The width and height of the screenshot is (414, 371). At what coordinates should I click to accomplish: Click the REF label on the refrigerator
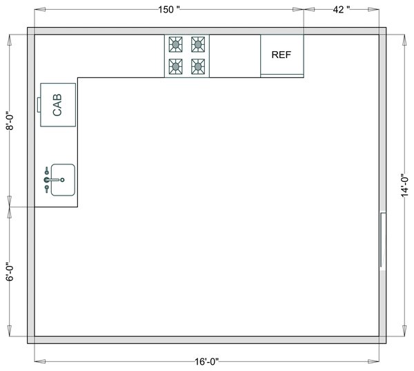click(282, 55)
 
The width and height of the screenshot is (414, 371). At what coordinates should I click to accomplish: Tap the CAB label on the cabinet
click(58, 105)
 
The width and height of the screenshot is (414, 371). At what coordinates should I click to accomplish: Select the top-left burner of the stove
click(176, 46)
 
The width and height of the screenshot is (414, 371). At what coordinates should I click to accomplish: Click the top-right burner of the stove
click(198, 46)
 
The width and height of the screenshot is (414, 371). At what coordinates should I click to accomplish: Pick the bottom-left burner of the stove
click(176, 66)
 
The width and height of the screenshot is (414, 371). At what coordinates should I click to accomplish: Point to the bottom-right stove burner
click(198, 66)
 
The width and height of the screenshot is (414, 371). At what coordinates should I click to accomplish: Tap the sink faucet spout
click(54, 180)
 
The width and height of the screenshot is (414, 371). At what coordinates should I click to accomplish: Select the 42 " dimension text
click(341, 10)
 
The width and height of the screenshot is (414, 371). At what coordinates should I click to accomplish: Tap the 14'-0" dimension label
click(405, 184)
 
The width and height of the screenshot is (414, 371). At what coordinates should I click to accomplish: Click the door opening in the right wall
click(381, 240)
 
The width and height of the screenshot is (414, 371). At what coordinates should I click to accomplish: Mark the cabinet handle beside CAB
click(39, 104)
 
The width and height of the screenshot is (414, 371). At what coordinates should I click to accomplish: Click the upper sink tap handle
click(46, 170)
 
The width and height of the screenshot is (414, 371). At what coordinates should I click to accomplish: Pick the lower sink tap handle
click(46, 189)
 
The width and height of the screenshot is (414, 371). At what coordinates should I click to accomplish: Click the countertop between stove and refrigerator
click(235, 55)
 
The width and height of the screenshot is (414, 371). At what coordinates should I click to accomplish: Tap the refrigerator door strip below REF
click(282, 74)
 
